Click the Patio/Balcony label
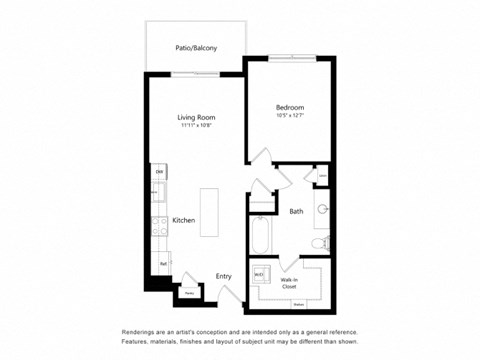click(196, 48)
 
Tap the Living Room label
click(196, 117)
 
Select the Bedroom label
click(290, 107)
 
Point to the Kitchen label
click(183, 219)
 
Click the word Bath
click(296, 211)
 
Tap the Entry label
click(223, 276)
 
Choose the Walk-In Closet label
click(290, 283)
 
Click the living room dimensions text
click(196, 126)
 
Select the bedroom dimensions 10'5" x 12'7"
click(290, 116)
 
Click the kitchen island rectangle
click(209, 212)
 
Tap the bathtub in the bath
click(260, 236)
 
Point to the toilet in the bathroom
click(320, 243)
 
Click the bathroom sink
click(322, 210)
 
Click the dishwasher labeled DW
click(158, 173)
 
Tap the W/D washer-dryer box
click(259, 274)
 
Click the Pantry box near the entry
click(188, 293)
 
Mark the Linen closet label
click(322, 177)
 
